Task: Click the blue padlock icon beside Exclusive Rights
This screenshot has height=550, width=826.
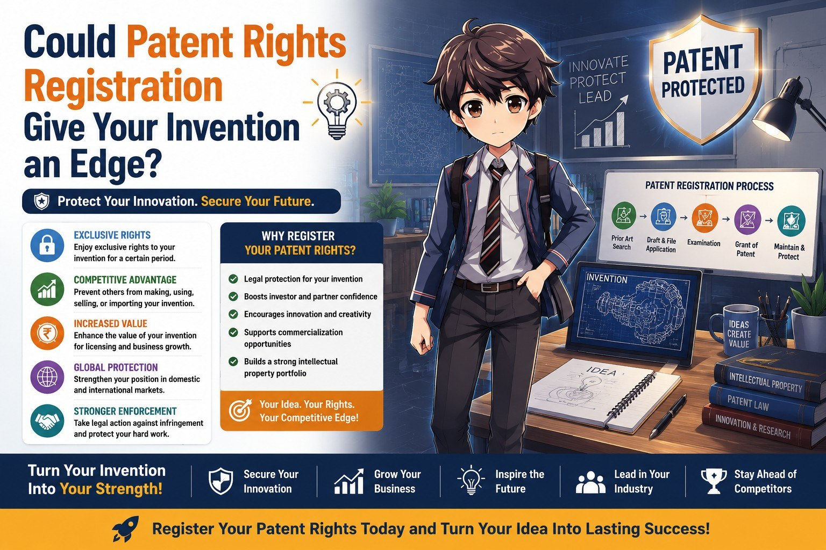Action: pyautogui.click(x=47, y=245)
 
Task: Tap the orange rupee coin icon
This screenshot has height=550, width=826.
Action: pyautogui.click(x=47, y=334)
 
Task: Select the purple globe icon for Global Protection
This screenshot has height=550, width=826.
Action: pyautogui.click(x=47, y=377)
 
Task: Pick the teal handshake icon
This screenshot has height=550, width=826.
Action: pyautogui.click(x=47, y=421)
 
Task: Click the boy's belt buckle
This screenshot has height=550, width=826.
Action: pyautogui.click(x=491, y=287)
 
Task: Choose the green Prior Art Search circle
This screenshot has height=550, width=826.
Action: pyautogui.click(x=624, y=215)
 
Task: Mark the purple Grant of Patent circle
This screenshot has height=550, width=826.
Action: pyautogui.click(x=747, y=220)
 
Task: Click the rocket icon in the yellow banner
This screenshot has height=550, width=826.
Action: pyautogui.click(x=126, y=529)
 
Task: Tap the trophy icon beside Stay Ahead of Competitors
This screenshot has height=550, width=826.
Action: pyautogui.click(x=714, y=481)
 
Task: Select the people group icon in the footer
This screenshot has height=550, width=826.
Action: pyautogui.click(x=590, y=482)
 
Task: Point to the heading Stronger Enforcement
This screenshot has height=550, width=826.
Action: pyautogui.click(x=125, y=411)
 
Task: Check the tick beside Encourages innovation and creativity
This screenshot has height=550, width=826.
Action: pyautogui.click(x=233, y=314)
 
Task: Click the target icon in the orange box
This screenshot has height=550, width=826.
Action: pyautogui.click(x=240, y=410)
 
